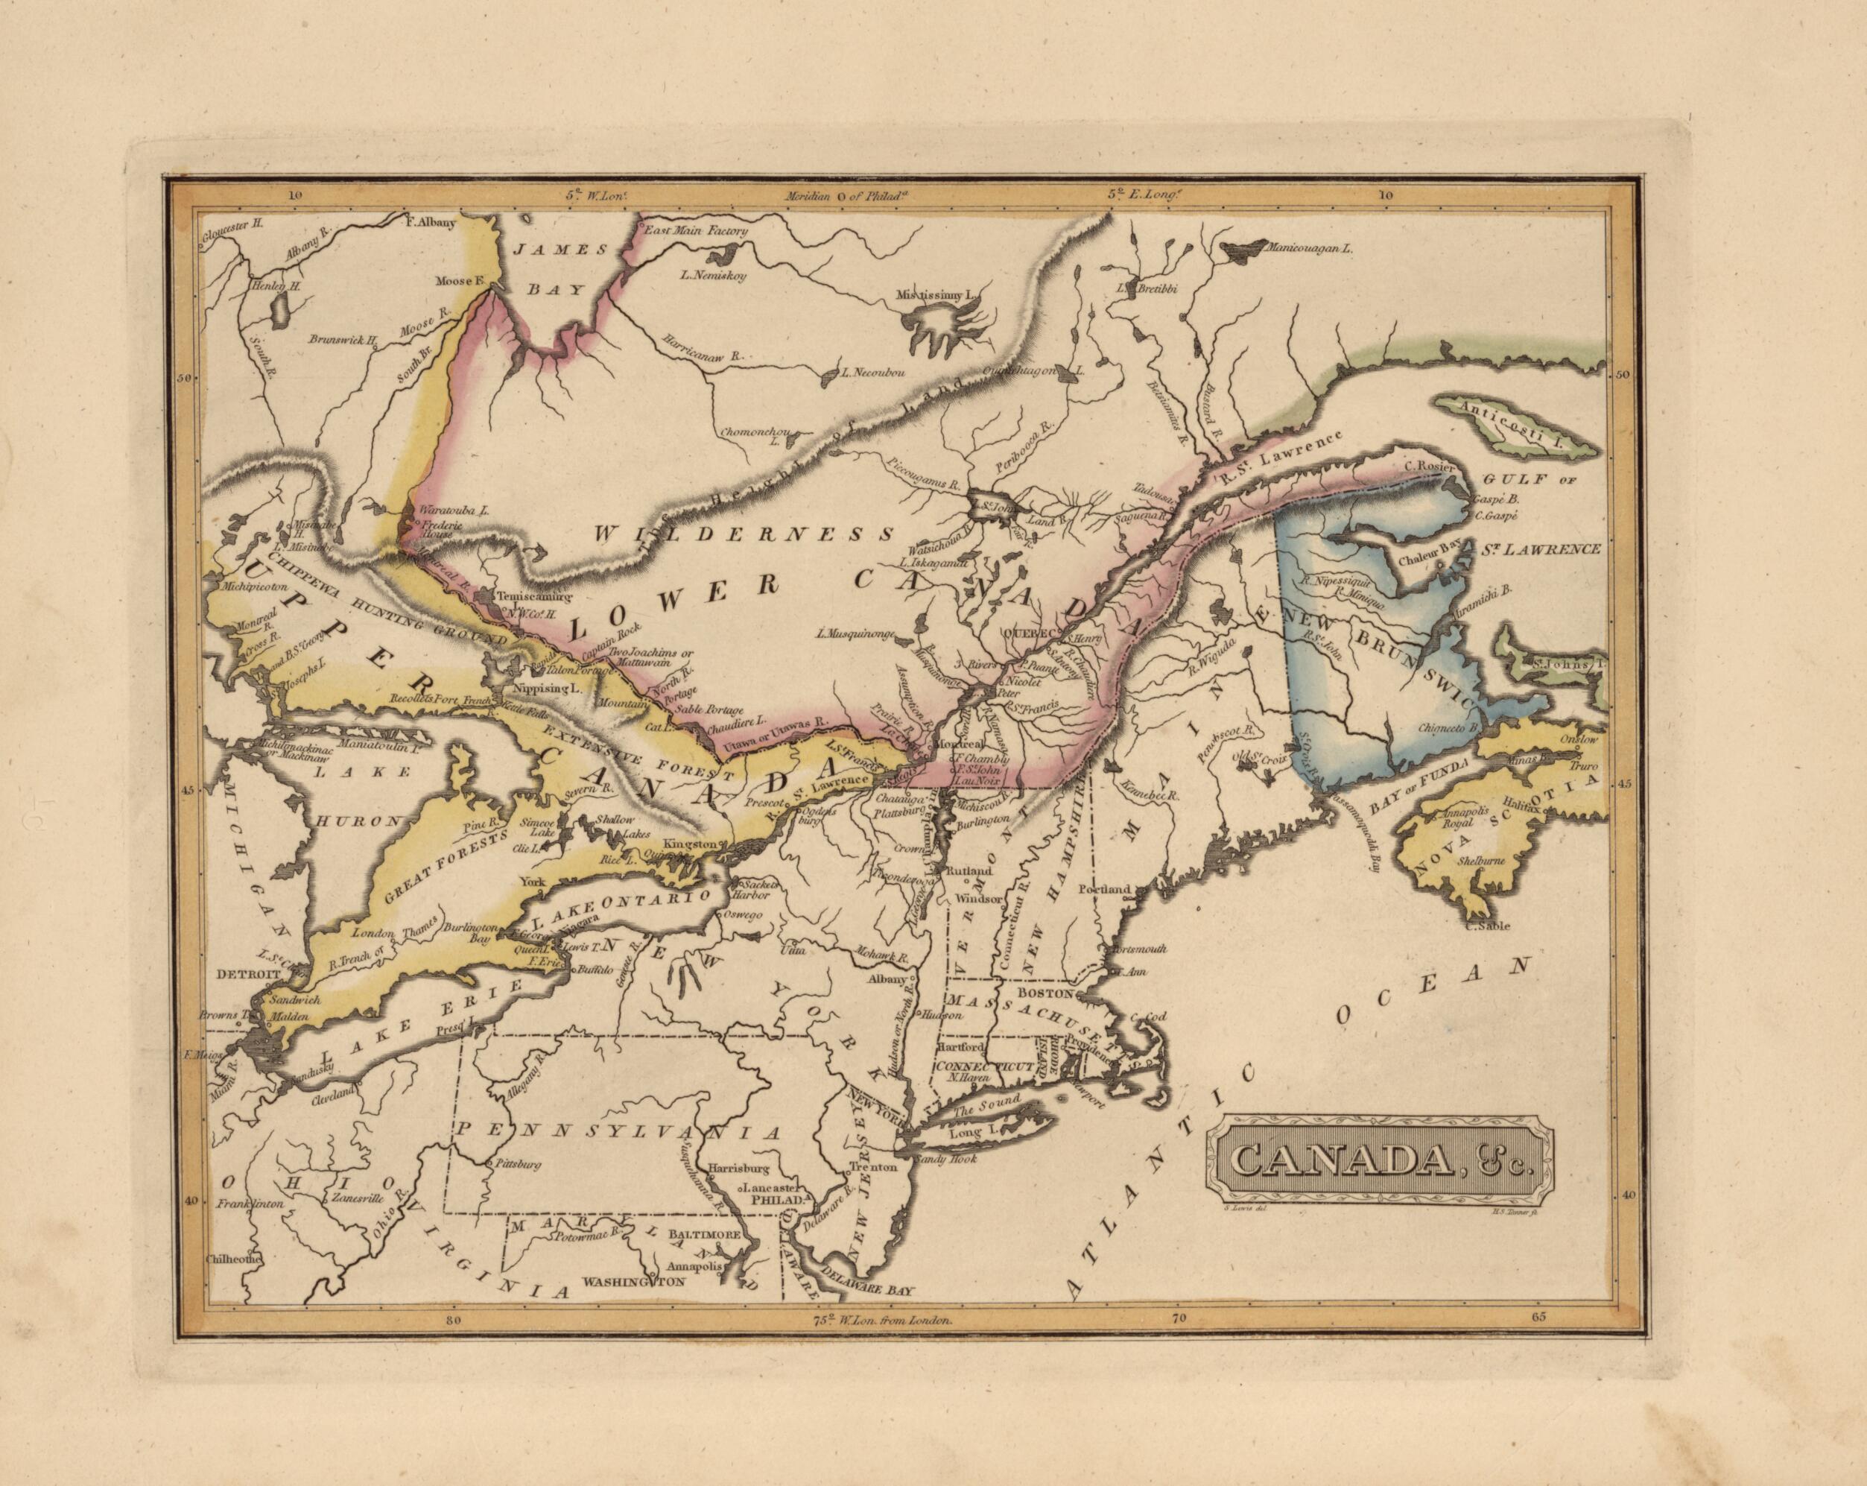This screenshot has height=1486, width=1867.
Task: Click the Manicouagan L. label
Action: point(1307,248)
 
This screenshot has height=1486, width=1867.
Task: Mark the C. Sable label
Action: point(1486,926)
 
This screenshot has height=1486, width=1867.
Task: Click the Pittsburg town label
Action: point(517,1165)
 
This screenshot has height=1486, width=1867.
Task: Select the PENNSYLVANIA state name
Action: point(619,1131)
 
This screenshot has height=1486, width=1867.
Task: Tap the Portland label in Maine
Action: point(1105,889)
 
